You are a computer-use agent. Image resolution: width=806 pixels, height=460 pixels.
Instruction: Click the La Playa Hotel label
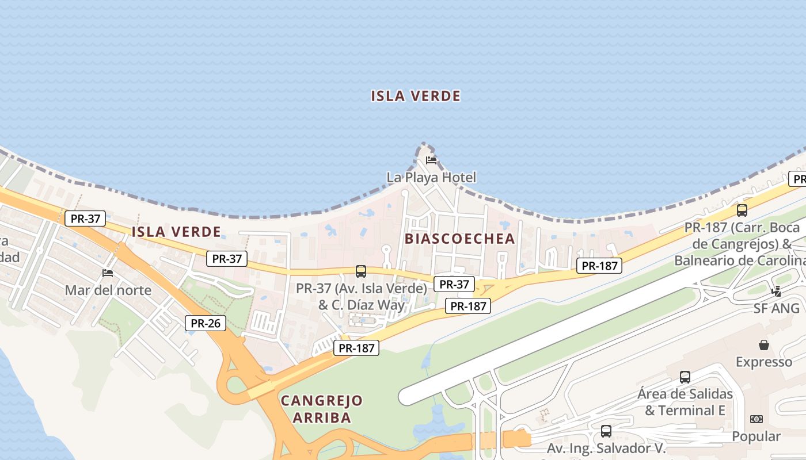pos(431,177)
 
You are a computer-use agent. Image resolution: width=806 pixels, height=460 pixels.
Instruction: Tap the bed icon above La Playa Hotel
pos(431,160)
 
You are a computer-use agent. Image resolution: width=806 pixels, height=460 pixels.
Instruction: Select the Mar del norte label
pos(108,290)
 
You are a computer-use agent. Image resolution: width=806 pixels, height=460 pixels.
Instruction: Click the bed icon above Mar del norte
pos(108,273)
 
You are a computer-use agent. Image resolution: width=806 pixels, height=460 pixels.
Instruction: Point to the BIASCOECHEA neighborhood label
pos(459,239)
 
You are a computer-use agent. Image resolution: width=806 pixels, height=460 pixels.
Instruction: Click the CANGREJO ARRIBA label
pos(321,409)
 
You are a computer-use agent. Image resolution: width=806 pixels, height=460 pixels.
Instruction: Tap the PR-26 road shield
pos(206,323)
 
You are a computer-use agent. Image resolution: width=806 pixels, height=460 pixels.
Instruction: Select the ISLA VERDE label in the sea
pos(416,96)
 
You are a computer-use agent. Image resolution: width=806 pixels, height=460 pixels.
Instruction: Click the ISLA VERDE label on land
pos(176,232)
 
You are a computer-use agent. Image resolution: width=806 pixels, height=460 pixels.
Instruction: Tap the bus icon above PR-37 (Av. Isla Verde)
pos(361,271)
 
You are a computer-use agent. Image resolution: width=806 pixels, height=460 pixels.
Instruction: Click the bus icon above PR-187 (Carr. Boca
pos(742,210)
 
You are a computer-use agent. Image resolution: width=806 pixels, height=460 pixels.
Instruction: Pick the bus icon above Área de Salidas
pos(685,377)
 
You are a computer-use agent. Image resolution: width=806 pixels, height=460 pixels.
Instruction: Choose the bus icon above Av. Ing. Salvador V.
pos(606,431)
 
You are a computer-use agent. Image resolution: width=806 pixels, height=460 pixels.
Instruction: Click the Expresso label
pos(764,362)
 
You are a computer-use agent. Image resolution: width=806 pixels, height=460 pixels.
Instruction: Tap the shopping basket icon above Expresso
pos(764,345)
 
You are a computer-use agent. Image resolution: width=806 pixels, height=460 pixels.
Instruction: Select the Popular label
pos(756,436)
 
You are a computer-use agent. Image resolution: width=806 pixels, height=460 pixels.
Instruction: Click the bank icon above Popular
pos(756,419)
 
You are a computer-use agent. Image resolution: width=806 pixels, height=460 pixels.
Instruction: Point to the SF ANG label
pos(777,308)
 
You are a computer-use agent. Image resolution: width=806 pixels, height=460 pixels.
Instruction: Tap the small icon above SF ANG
pos(777,291)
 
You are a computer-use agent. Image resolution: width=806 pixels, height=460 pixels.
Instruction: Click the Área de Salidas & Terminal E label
pos(685,402)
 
